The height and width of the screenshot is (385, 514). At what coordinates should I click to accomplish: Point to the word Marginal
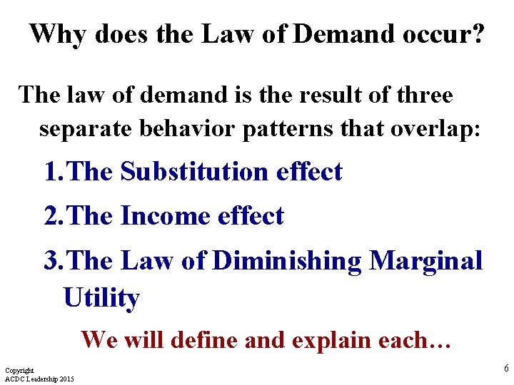pos(426,262)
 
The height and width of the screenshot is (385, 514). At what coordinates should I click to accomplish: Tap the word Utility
pos(101,298)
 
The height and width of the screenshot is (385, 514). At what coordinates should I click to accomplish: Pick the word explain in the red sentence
pos(320,340)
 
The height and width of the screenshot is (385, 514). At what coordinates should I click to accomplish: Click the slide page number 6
pos(506,369)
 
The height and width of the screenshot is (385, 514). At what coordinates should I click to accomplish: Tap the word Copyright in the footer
pos(19,371)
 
